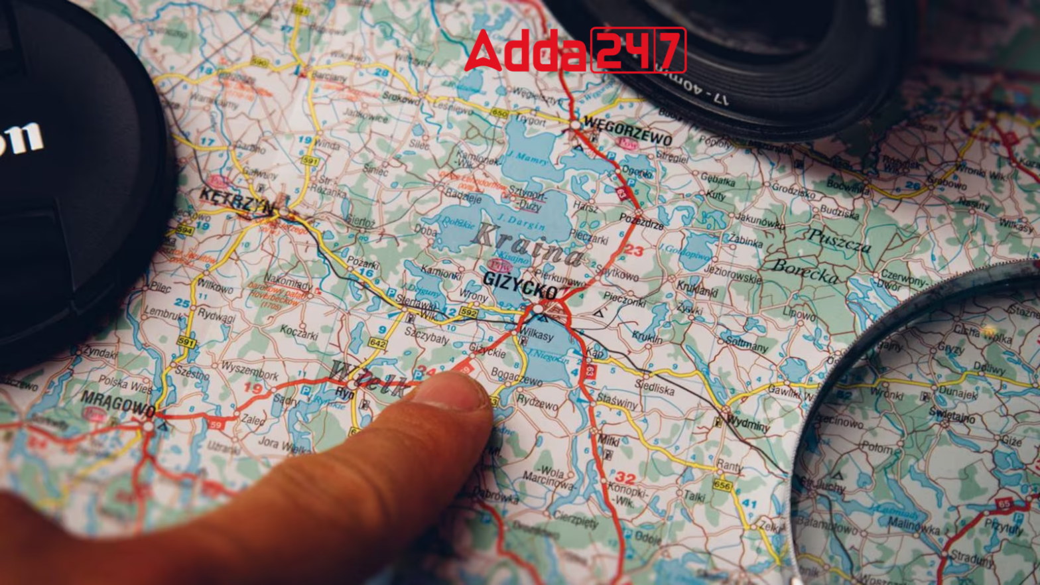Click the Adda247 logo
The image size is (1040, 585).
575,50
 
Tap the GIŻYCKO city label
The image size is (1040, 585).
521,286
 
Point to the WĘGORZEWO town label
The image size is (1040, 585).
627,131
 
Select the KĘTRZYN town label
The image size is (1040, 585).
235,200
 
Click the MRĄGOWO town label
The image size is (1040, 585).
117,403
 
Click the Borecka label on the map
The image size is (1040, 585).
805,270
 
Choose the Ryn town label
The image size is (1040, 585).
344,393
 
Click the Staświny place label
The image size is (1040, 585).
617,401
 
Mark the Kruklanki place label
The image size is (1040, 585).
697,289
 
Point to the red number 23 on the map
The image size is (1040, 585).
634,251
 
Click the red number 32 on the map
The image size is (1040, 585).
625,478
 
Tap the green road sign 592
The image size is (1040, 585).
468,312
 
